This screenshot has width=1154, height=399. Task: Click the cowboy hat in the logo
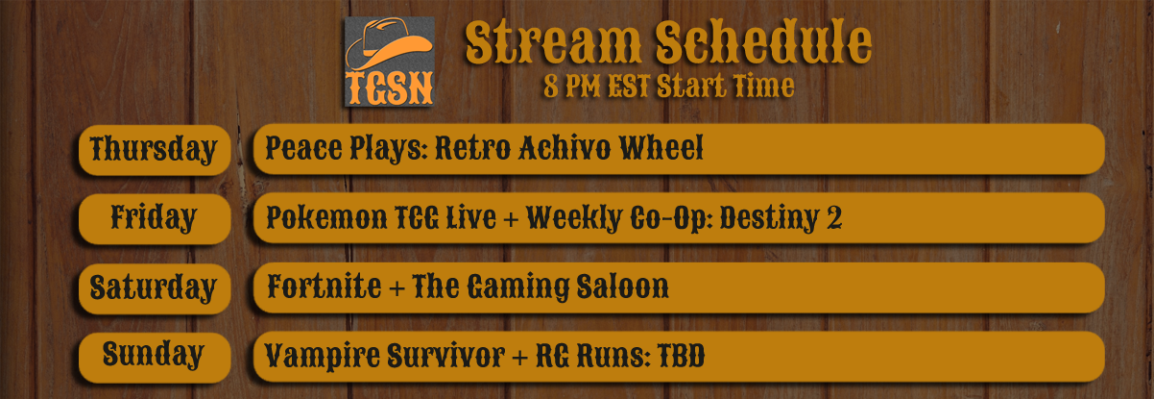click(x=389, y=43)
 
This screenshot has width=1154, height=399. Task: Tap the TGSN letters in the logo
click(x=390, y=88)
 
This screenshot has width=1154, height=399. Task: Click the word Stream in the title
click(x=553, y=42)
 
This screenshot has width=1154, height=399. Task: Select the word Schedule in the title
click(x=763, y=42)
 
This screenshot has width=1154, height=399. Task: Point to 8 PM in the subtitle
click(x=572, y=87)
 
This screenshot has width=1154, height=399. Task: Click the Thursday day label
click(x=154, y=150)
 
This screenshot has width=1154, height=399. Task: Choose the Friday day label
click(x=154, y=219)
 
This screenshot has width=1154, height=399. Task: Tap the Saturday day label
click(x=154, y=288)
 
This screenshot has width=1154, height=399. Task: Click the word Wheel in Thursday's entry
click(x=661, y=148)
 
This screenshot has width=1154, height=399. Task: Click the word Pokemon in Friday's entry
click(x=326, y=217)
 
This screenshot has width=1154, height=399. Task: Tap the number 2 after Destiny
click(x=834, y=217)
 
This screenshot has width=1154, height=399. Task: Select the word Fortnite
click(x=325, y=286)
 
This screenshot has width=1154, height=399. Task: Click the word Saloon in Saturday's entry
click(x=622, y=287)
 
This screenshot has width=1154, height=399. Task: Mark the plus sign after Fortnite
click(x=397, y=288)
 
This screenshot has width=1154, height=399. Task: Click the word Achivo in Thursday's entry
click(x=565, y=149)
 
